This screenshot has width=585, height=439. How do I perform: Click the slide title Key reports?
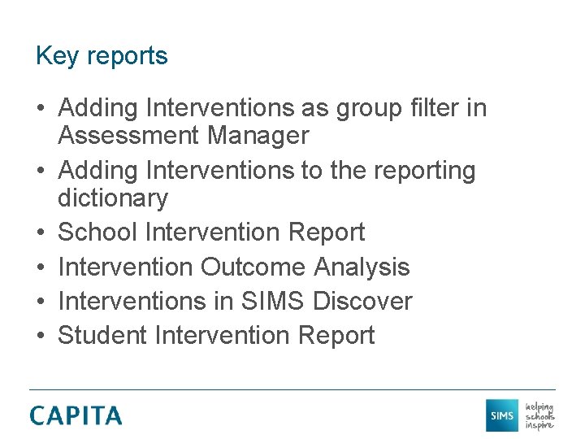tap(102, 56)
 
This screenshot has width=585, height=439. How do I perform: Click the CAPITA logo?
tap(76, 415)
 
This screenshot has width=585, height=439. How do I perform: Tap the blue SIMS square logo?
tap(501, 415)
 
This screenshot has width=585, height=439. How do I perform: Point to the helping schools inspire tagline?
tap(539, 415)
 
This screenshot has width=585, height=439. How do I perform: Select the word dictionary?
tap(113, 198)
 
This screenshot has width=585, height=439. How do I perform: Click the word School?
tap(98, 233)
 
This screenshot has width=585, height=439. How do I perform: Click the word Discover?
tap(362, 301)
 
